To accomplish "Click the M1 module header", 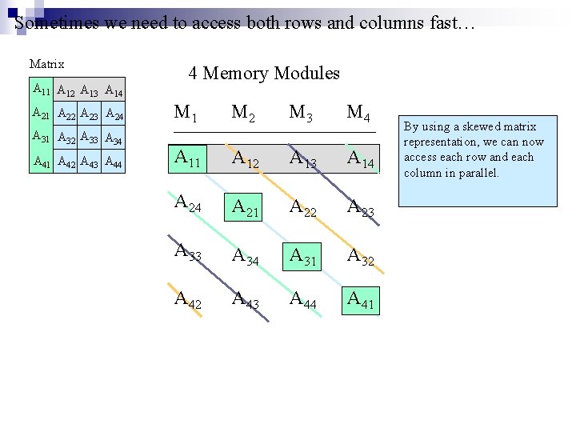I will [x=186, y=114].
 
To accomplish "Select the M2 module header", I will [x=243, y=114].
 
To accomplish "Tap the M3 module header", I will [x=301, y=114].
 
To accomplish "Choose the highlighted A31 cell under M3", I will [x=302, y=256].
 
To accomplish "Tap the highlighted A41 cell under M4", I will [x=360, y=300].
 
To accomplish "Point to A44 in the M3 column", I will [x=302, y=301].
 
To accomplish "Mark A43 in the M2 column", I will [x=245, y=301].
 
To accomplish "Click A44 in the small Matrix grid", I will [x=113, y=163].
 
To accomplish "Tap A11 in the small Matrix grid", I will [x=41, y=89].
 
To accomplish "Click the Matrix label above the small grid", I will [x=46, y=64].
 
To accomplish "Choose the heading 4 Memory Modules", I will [x=264, y=74].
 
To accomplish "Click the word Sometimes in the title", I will [x=46, y=22].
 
